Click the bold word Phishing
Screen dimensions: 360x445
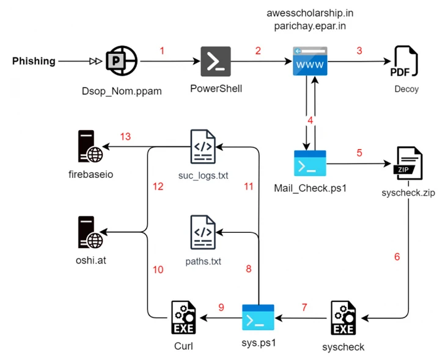pos(34,61)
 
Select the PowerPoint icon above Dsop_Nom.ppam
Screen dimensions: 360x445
pos(122,61)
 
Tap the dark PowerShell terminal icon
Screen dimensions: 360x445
pos(216,61)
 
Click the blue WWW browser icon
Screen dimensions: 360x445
pos(310,61)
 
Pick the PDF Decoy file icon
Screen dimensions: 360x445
pos(404,62)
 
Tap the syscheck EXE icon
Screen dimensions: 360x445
pos(343,318)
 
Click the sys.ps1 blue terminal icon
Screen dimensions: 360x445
pos(257,318)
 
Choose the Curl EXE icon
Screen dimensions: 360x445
pos(183,318)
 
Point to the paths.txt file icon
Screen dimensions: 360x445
pos(202,233)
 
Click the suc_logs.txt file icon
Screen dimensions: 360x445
pos(202,147)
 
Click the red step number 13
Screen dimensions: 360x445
pos(125,136)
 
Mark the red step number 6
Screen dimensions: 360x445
pos(397,257)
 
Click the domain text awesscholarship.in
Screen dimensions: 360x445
pos(310,13)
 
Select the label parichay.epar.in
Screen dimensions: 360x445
pos(310,26)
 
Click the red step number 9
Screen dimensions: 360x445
pos(221,307)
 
